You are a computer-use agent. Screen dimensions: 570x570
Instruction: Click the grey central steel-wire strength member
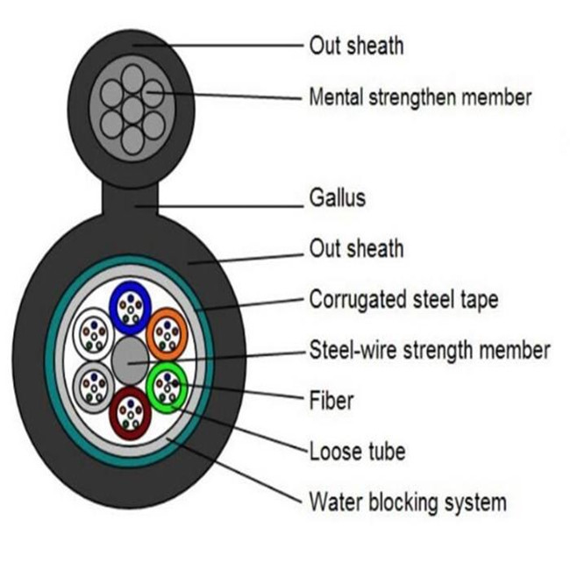coord(130,360)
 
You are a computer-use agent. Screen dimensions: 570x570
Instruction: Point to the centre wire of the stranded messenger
coord(132,110)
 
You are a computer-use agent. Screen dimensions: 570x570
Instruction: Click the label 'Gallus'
coord(338,198)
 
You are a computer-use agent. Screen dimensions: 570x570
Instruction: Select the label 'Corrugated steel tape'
coord(403,301)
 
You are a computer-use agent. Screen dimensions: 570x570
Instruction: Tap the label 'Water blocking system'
coord(408,502)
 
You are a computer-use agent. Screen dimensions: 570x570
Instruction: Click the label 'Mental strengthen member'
coord(420,96)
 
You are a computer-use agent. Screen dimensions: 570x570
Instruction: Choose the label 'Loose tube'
coord(357,451)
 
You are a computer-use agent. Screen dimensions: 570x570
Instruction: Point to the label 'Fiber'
coord(331,400)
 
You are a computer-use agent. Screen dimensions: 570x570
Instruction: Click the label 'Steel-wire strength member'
coord(430,350)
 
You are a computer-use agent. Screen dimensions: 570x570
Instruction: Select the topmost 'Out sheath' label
coord(356,46)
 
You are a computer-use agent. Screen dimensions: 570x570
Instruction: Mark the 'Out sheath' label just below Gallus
coord(356,248)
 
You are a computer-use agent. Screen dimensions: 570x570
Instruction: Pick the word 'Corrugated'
coord(358,301)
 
